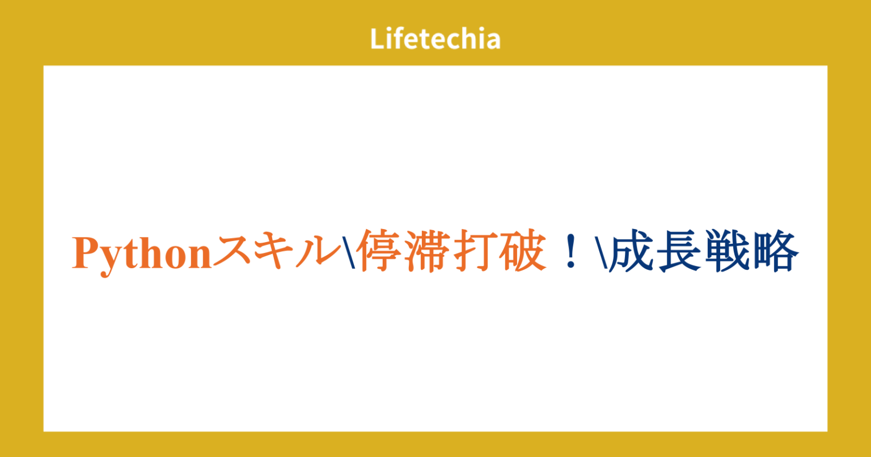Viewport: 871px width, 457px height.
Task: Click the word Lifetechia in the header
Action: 435,39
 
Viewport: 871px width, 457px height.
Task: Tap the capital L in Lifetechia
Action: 376,39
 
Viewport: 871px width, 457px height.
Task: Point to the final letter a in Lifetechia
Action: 493,40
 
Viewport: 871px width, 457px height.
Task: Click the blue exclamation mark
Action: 570,253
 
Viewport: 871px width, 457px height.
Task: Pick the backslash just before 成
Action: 602,253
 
